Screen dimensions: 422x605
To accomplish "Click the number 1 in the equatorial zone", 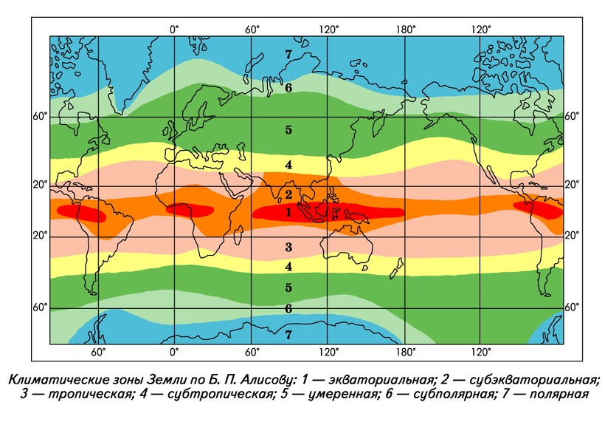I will point(288,212).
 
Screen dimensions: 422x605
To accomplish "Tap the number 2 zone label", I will point(288,194).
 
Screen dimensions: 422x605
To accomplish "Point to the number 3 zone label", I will point(288,247).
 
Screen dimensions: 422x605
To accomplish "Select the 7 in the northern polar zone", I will point(288,54).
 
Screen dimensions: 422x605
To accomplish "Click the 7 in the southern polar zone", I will point(288,335).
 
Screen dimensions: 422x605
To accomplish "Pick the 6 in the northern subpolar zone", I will point(288,86).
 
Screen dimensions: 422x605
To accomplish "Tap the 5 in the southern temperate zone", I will point(288,287).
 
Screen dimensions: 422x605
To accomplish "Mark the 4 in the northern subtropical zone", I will point(288,164).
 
